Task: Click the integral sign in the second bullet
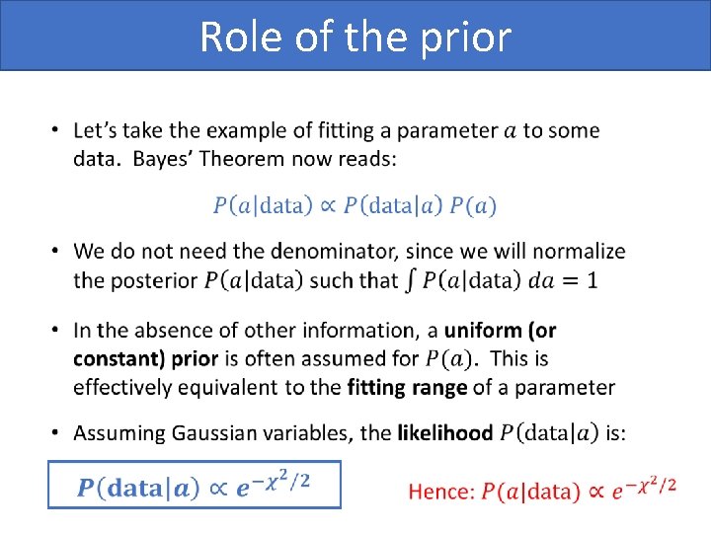pos(410,279)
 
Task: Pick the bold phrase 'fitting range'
pos(407,387)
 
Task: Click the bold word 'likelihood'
pos(444,432)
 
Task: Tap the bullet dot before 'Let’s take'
pos(55,131)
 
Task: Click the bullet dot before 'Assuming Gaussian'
pos(55,433)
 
